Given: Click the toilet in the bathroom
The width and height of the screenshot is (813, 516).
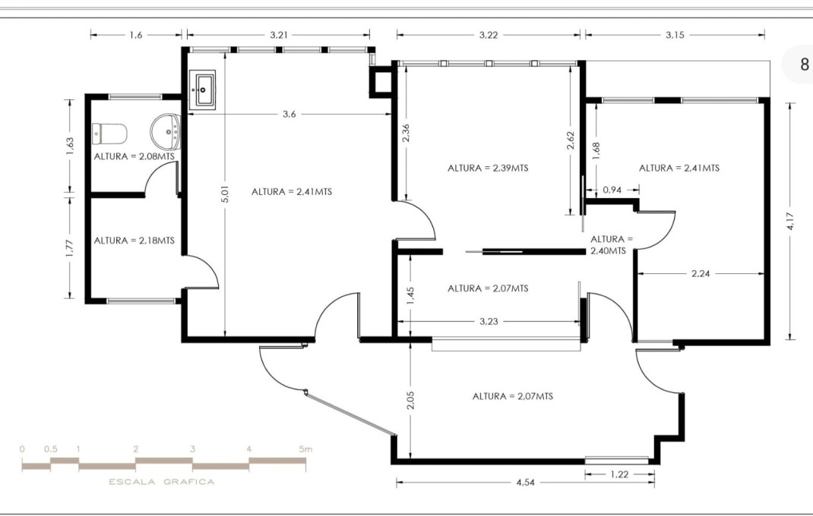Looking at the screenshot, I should coord(109,134).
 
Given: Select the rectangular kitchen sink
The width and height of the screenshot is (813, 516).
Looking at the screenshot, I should coord(204,88).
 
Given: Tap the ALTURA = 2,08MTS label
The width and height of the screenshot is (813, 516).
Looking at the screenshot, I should coord(134,156).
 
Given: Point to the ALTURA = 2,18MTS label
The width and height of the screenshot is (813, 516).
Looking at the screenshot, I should coord(134,241).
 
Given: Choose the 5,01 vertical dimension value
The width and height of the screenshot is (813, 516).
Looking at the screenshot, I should coord(226,195).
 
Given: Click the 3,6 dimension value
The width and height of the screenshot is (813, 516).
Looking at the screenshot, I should coord(289,115).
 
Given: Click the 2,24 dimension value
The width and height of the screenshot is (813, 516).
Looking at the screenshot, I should coord(701,274).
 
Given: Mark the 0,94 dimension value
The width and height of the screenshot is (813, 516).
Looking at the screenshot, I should coord(612,190).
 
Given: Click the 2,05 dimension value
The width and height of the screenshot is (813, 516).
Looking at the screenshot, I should coord(410,400).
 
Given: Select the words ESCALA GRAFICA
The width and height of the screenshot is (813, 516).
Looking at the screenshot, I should coord(162,482).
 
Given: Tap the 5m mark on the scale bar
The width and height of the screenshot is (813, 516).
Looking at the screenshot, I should coord(305,449).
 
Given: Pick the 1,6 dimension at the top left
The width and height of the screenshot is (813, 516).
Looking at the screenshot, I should coord(136,35).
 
